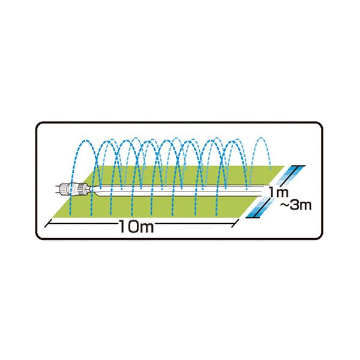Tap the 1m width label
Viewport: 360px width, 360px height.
[x=278, y=192]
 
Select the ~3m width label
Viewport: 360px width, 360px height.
[x=296, y=205]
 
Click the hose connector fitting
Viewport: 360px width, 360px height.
[x=73, y=190]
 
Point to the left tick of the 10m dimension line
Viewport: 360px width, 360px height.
[x=47, y=224]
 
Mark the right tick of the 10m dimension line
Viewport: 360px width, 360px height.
[x=235, y=223]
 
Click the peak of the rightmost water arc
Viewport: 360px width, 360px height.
[x=260, y=138]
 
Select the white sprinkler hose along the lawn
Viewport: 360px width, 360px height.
[x=179, y=191]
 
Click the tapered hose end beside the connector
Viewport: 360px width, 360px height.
[x=94, y=190]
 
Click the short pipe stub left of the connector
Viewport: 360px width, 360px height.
[x=58, y=190]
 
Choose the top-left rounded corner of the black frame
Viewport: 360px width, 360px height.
[x=39, y=125]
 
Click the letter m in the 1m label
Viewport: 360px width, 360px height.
[x=282, y=193]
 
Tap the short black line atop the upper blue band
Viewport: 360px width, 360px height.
[x=298, y=166]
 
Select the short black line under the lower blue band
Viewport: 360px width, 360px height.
[x=253, y=217]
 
